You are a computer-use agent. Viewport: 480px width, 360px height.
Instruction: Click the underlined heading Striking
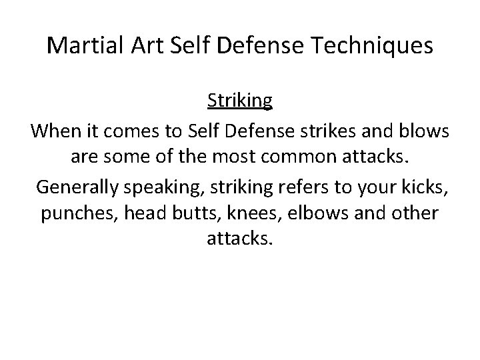point(240,101)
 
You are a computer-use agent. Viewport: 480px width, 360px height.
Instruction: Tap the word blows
point(425,132)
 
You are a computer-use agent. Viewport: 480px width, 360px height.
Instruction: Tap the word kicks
point(427,188)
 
